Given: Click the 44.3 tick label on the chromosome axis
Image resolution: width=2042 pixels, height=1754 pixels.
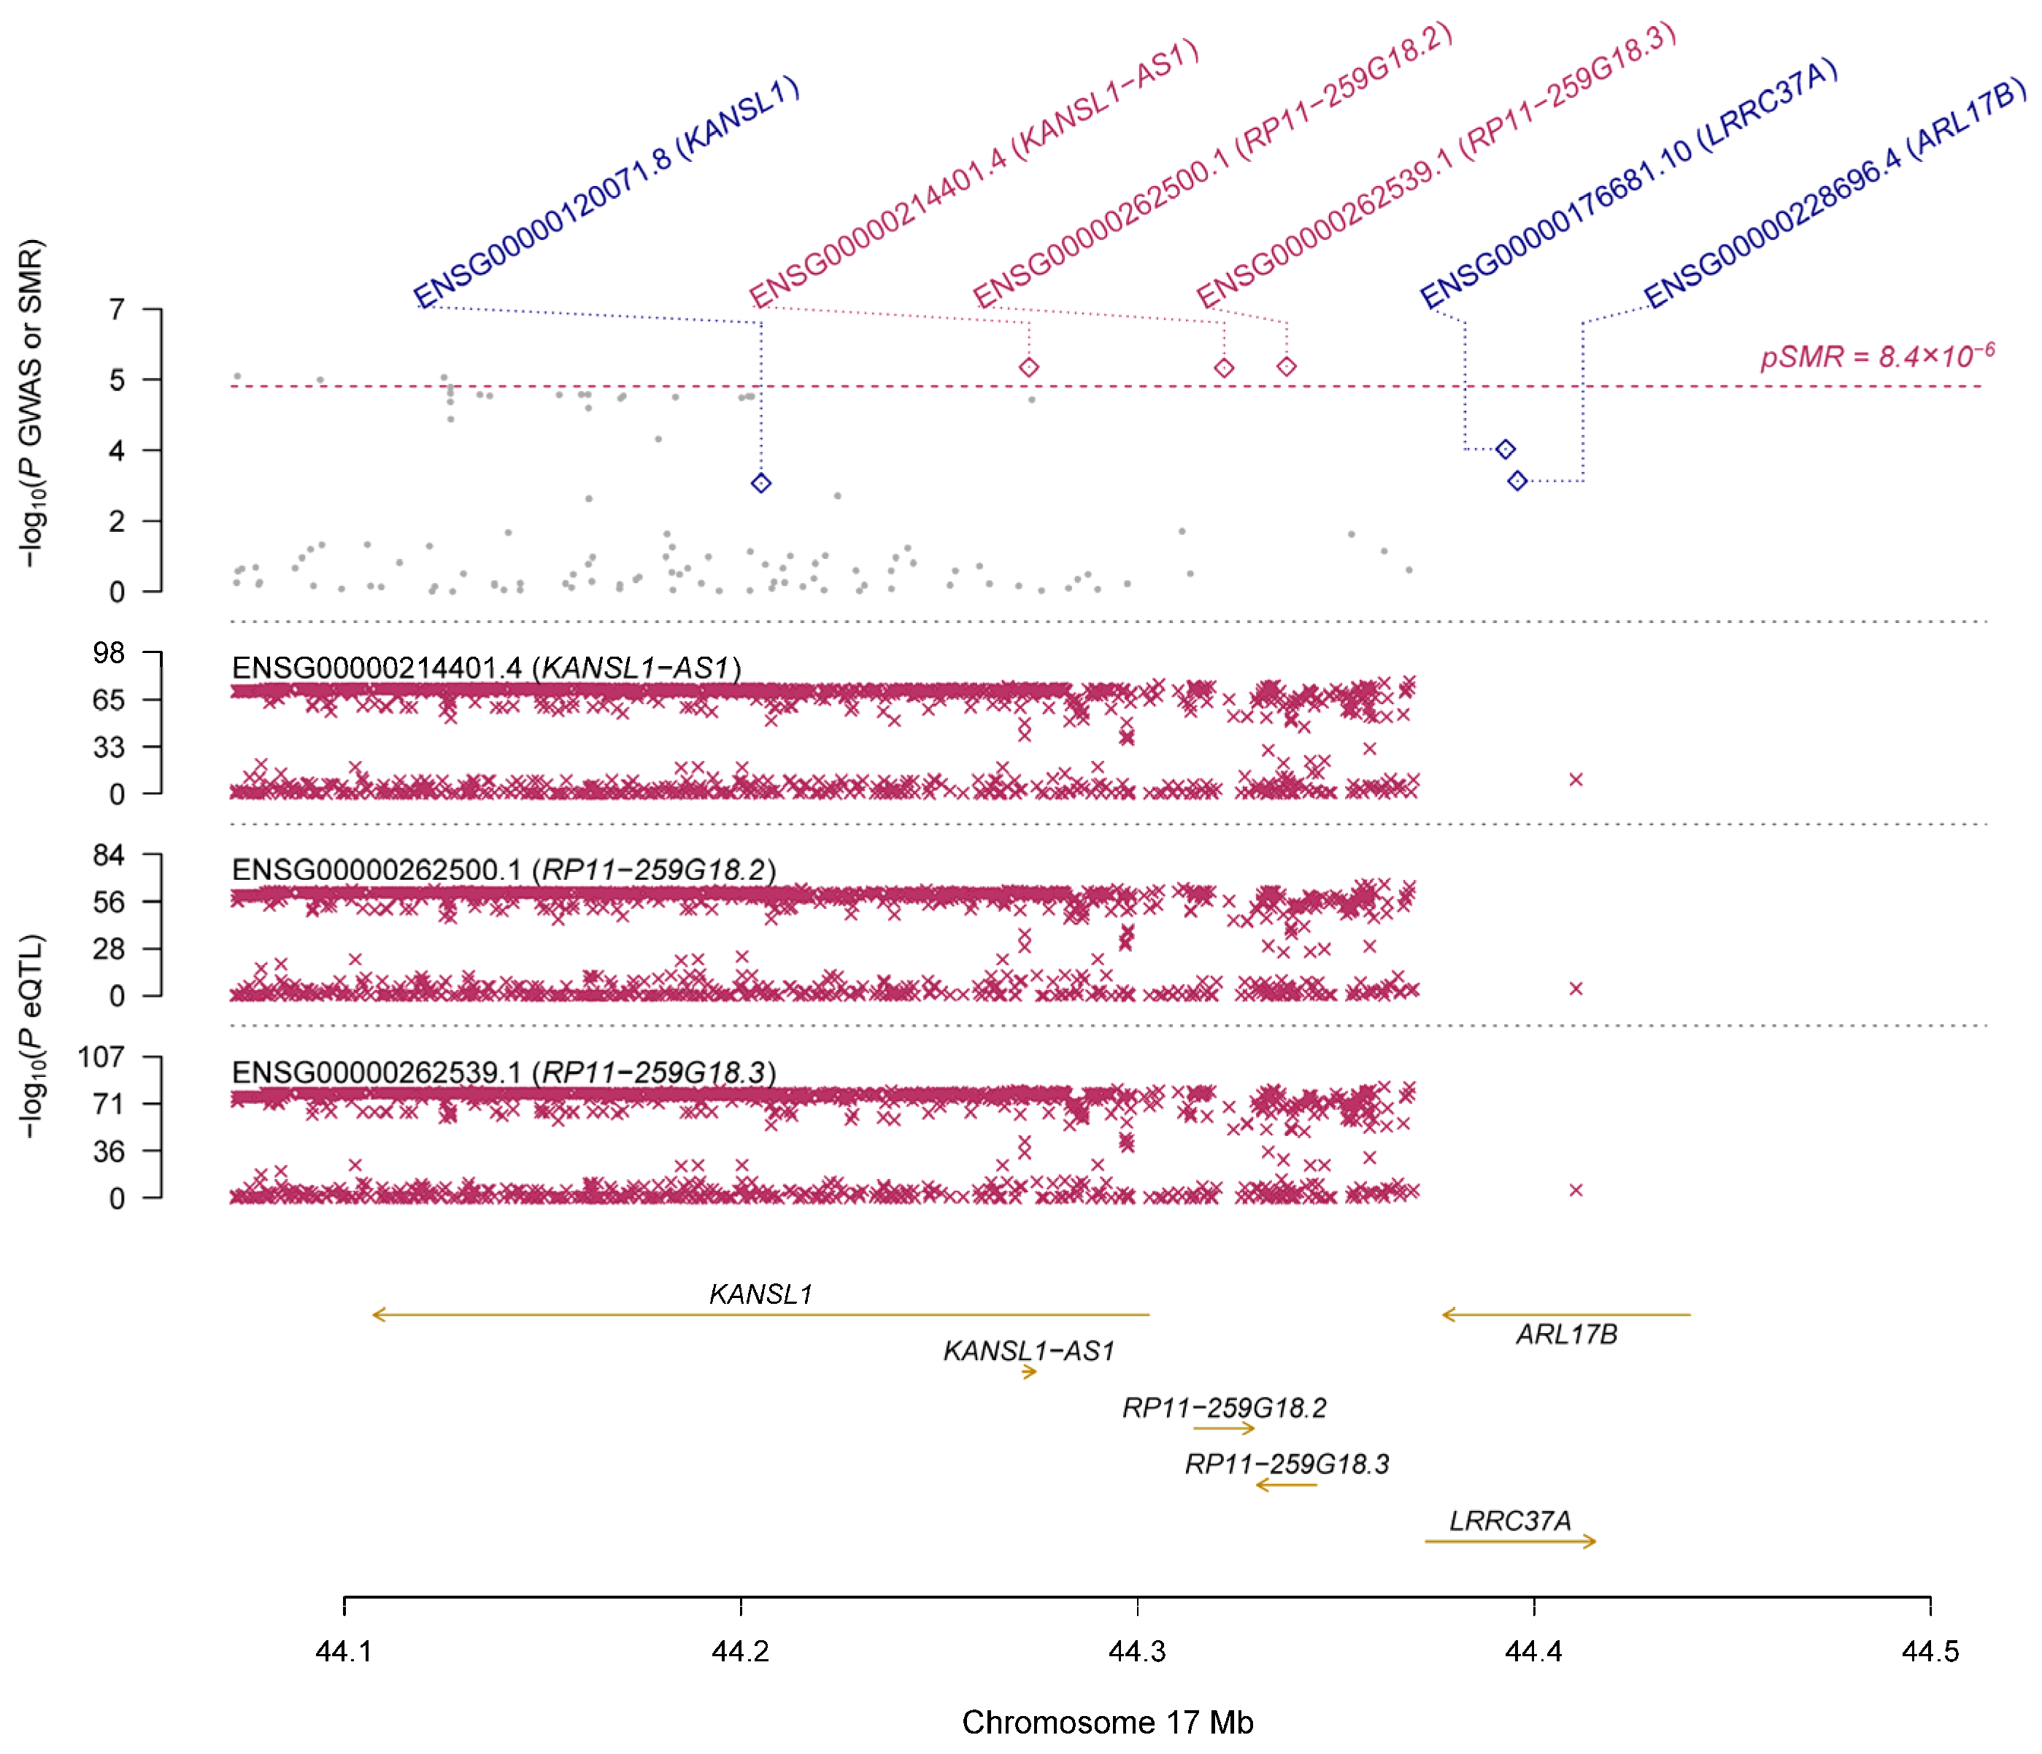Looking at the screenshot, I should click(1136, 1652).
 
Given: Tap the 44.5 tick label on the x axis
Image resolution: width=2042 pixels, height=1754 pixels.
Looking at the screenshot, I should click(1929, 1652).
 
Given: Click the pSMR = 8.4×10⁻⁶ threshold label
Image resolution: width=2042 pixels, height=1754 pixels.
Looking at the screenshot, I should click(1876, 355).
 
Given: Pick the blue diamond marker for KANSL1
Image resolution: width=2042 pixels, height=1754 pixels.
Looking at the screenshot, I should click(760, 483).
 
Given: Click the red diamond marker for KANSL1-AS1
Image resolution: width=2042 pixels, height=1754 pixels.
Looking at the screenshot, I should click(1029, 368).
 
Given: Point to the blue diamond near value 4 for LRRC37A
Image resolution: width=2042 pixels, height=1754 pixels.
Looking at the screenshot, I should click(1505, 449).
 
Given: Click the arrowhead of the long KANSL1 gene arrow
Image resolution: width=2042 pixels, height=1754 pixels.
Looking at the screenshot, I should click(377, 1315).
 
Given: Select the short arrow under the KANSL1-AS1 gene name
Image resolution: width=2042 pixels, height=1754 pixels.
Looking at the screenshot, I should click(1029, 1372).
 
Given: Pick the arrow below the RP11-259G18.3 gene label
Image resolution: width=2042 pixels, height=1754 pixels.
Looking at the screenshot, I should click(1285, 1485).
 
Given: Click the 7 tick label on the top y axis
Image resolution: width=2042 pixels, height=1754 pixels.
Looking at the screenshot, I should click(117, 309).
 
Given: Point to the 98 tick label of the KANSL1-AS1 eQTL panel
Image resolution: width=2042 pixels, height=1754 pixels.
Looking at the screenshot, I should click(109, 652).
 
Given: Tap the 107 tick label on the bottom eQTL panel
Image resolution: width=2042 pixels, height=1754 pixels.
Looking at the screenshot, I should click(101, 1057).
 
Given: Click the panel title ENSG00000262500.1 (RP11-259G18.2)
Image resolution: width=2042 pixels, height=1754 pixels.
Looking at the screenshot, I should click(504, 870).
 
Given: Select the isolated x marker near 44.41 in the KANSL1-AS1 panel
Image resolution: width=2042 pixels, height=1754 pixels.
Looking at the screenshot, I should click(1575, 779).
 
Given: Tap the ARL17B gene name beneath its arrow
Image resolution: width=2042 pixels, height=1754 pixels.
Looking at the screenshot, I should click(1566, 1334).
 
